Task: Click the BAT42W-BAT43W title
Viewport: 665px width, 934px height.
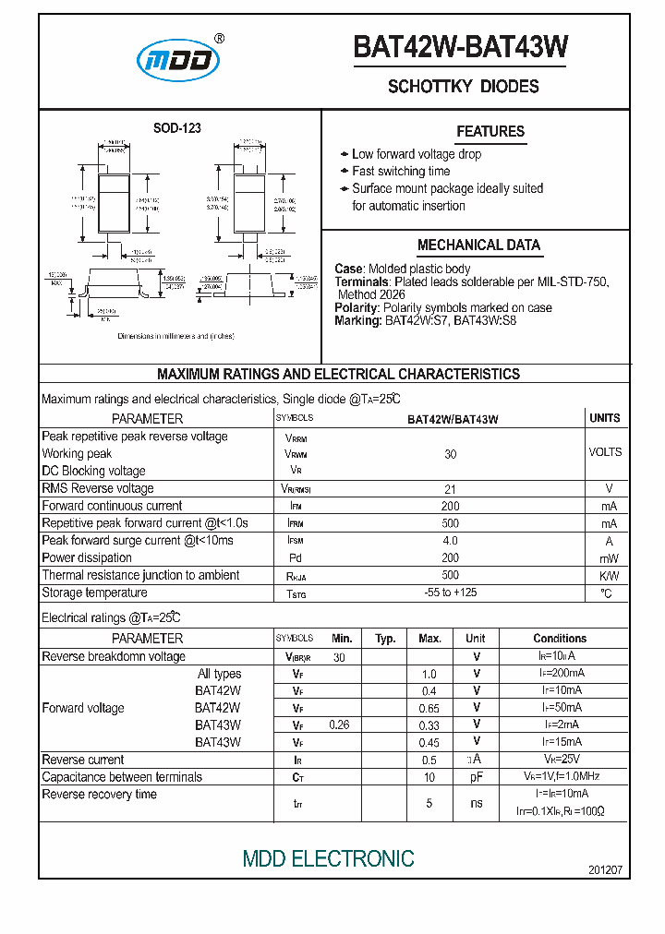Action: pyautogui.click(x=461, y=48)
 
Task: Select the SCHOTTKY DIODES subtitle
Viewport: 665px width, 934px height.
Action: pyautogui.click(x=463, y=87)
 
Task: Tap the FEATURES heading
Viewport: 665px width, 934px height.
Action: pyautogui.click(x=490, y=131)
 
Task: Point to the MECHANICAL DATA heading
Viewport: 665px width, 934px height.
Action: pyautogui.click(x=478, y=245)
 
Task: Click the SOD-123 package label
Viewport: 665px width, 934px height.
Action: pyautogui.click(x=176, y=128)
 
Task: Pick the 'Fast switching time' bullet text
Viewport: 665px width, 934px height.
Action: pyautogui.click(x=401, y=171)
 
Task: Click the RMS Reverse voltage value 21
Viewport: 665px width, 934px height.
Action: pyautogui.click(x=451, y=488)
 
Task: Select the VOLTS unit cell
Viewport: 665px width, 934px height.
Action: pyautogui.click(x=605, y=452)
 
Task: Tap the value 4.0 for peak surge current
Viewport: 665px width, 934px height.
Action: pyautogui.click(x=451, y=540)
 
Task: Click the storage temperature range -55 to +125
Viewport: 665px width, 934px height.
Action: pyautogui.click(x=451, y=593)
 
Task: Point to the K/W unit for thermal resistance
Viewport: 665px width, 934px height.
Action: pyautogui.click(x=609, y=575)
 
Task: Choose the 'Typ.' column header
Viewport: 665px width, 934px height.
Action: pyautogui.click(x=385, y=639)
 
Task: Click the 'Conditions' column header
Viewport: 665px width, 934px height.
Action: pyautogui.click(x=560, y=639)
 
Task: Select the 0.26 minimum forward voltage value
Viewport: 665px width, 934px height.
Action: pyautogui.click(x=340, y=725)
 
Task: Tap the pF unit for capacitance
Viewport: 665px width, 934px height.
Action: pyautogui.click(x=477, y=777)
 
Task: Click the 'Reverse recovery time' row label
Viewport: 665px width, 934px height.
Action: pyautogui.click(x=99, y=795)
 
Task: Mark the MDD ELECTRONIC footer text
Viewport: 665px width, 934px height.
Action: pyautogui.click(x=328, y=858)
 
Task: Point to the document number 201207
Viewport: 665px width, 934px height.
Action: pyautogui.click(x=605, y=870)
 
